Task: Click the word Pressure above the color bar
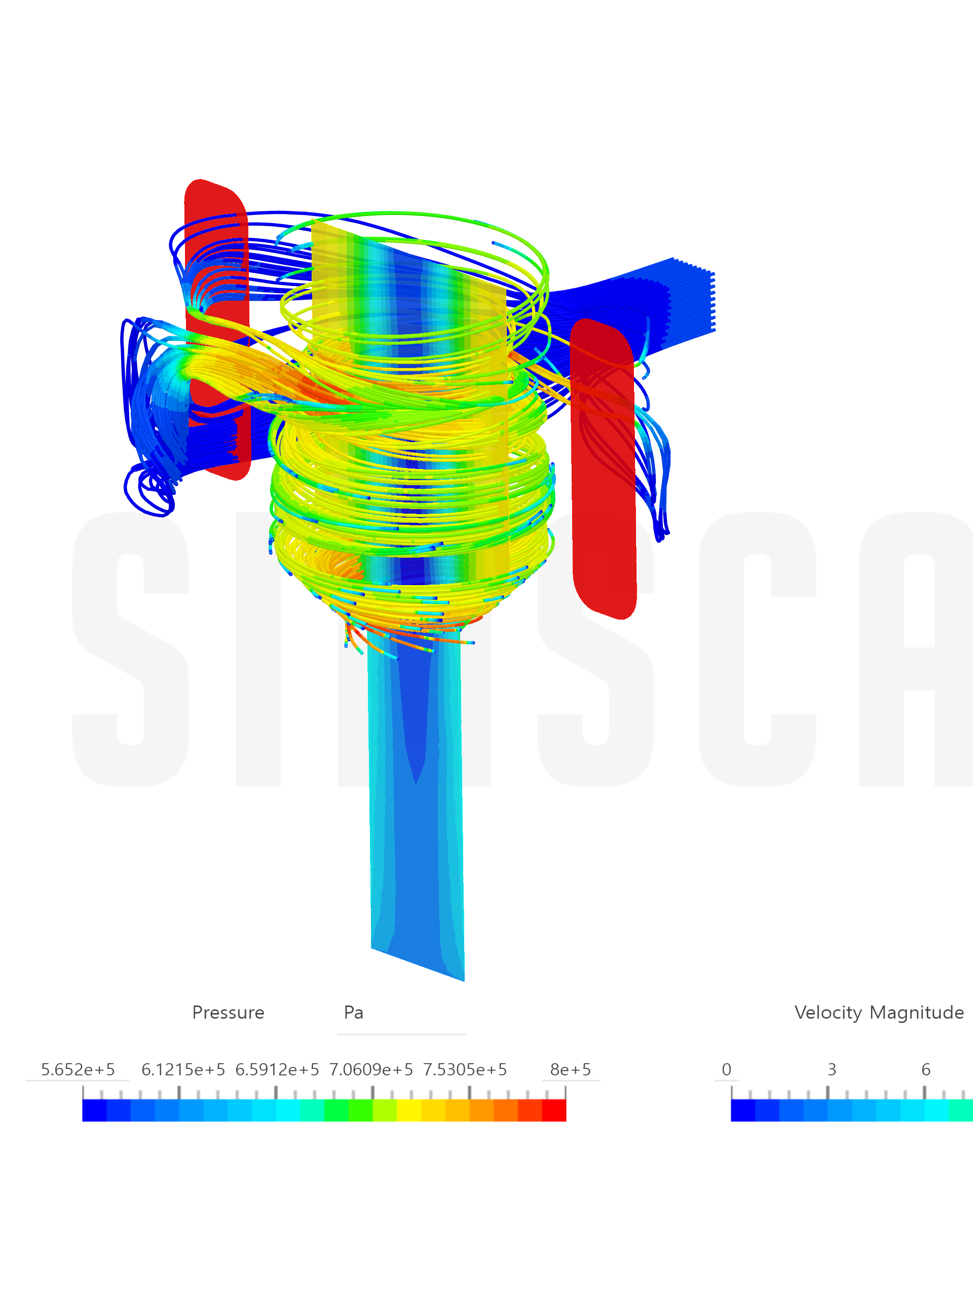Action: click(x=228, y=1012)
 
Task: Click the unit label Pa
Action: click(x=354, y=1012)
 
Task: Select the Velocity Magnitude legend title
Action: click(x=879, y=1012)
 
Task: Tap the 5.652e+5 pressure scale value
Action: click(x=78, y=1069)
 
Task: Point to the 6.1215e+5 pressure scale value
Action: click(x=183, y=1069)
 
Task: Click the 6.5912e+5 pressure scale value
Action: click(x=277, y=1069)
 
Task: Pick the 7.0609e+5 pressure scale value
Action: click(x=370, y=1069)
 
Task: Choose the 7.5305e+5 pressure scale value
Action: click(x=465, y=1069)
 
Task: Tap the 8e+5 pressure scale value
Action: click(x=570, y=1069)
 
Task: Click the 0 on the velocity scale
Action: click(x=727, y=1069)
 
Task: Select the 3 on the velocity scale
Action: click(x=832, y=1069)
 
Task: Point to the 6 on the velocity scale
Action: click(x=925, y=1069)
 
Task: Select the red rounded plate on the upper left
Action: click(x=216, y=246)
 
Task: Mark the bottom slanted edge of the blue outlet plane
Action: click(x=418, y=964)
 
